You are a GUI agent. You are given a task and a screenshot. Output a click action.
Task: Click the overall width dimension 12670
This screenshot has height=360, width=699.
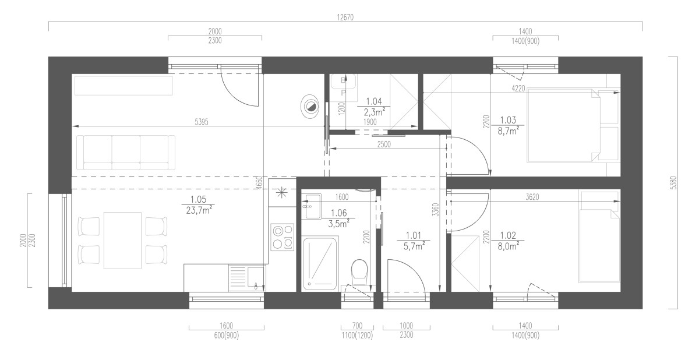pyautogui.click(x=345, y=17)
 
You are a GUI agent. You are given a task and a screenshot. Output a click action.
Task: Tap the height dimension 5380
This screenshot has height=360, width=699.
pyautogui.click(x=674, y=183)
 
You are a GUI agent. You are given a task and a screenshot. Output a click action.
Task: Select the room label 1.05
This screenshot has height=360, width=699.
pyautogui.click(x=198, y=199)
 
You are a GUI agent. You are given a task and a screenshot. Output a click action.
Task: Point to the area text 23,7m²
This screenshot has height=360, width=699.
pyautogui.click(x=198, y=210)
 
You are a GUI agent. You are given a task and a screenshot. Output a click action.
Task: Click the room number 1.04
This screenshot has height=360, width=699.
pyautogui.click(x=374, y=101)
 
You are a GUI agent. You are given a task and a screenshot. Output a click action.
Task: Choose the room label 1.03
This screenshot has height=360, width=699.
pyautogui.click(x=508, y=120)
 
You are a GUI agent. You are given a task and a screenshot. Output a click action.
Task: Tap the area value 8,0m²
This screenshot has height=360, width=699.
pyautogui.click(x=509, y=246)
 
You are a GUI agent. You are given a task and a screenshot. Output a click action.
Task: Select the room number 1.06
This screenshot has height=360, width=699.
pyautogui.click(x=338, y=213)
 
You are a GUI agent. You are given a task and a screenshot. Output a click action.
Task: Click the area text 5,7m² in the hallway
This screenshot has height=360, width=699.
pyautogui.click(x=414, y=246)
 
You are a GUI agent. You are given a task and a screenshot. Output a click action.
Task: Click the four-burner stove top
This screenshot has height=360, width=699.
pyautogui.click(x=282, y=237)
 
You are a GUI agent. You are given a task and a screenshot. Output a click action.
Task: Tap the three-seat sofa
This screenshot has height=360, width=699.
pyautogui.click(x=126, y=153)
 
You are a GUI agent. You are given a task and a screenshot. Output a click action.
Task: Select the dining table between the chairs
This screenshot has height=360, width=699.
pyautogui.click(x=122, y=240)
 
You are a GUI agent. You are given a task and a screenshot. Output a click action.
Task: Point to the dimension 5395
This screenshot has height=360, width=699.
pyautogui.click(x=202, y=122)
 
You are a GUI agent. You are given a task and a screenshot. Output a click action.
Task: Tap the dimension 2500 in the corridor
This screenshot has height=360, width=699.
pyautogui.click(x=384, y=144)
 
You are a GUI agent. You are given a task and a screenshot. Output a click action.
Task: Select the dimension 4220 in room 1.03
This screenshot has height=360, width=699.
pyautogui.click(x=518, y=89)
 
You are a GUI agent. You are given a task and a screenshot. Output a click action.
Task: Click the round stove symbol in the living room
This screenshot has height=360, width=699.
pyautogui.click(x=310, y=107)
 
